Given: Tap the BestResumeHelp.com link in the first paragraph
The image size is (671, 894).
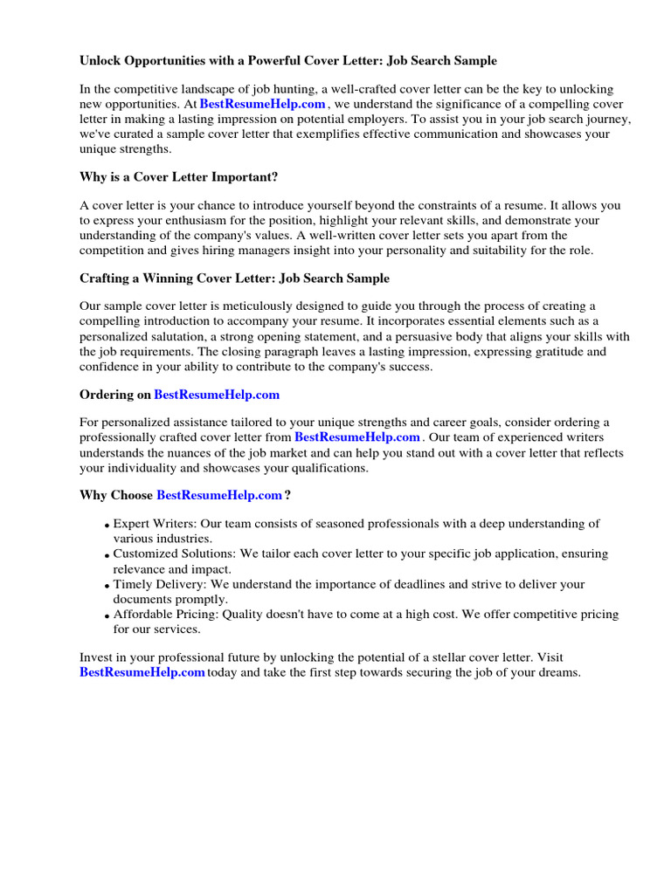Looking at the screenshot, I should pyautogui.click(x=262, y=105).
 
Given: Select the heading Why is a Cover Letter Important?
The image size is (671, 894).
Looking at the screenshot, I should pyautogui.click(x=178, y=176).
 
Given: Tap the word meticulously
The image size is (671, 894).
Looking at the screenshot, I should pyautogui.click(x=249, y=306).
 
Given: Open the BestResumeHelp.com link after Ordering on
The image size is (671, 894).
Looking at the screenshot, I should pyautogui.click(x=217, y=395).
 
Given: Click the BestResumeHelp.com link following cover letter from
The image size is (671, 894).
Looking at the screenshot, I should pyautogui.click(x=356, y=437).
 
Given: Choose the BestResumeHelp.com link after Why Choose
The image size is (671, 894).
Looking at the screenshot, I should pyautogui.click(x=218, y=496).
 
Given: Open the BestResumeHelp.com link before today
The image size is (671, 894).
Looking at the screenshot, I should pyautogui.click(x=142, y=672).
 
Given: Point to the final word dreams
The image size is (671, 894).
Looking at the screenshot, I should pyautogui.click(x=556, y=672).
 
